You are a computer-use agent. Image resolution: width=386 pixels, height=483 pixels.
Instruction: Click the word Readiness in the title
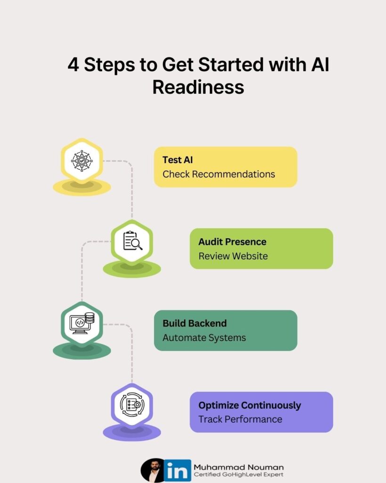click(x=198, y=87)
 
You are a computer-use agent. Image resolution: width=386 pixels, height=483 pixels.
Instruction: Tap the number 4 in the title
click(x=73, y=65)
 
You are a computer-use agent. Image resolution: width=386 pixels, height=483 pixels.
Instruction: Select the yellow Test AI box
click(x=225, y=167)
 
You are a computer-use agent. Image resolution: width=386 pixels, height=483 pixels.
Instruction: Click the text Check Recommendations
click(x=219, y=174)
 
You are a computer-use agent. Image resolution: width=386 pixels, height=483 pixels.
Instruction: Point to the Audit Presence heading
click(x=232, y=241)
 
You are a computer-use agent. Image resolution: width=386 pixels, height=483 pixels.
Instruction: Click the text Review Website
click(x=233, y=256)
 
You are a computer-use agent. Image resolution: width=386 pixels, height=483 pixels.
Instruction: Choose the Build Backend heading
click(x=194, y=323)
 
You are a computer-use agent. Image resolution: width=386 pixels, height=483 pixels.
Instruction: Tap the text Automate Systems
click(x=204, y=338)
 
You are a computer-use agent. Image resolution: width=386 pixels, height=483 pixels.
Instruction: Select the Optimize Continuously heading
click(x=249, y=405)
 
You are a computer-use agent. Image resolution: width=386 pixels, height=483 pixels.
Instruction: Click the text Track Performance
click(x=240, y=419)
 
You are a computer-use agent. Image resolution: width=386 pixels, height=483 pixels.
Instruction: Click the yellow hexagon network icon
click(x=82, y=160)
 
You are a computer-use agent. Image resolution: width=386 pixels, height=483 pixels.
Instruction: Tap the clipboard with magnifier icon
click(x=132, y=241)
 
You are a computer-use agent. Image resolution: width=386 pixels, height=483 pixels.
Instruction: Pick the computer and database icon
click(x=82, y=323)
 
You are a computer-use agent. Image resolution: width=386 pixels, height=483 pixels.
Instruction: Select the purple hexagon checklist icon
click(x=132, y=404)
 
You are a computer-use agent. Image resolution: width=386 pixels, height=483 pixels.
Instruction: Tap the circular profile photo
click(x=153, y=470)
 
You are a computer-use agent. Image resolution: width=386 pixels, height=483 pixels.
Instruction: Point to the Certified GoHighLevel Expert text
click(x=238, y=475)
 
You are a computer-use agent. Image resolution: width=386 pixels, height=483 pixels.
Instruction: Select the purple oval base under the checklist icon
click(x=132, y=432)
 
